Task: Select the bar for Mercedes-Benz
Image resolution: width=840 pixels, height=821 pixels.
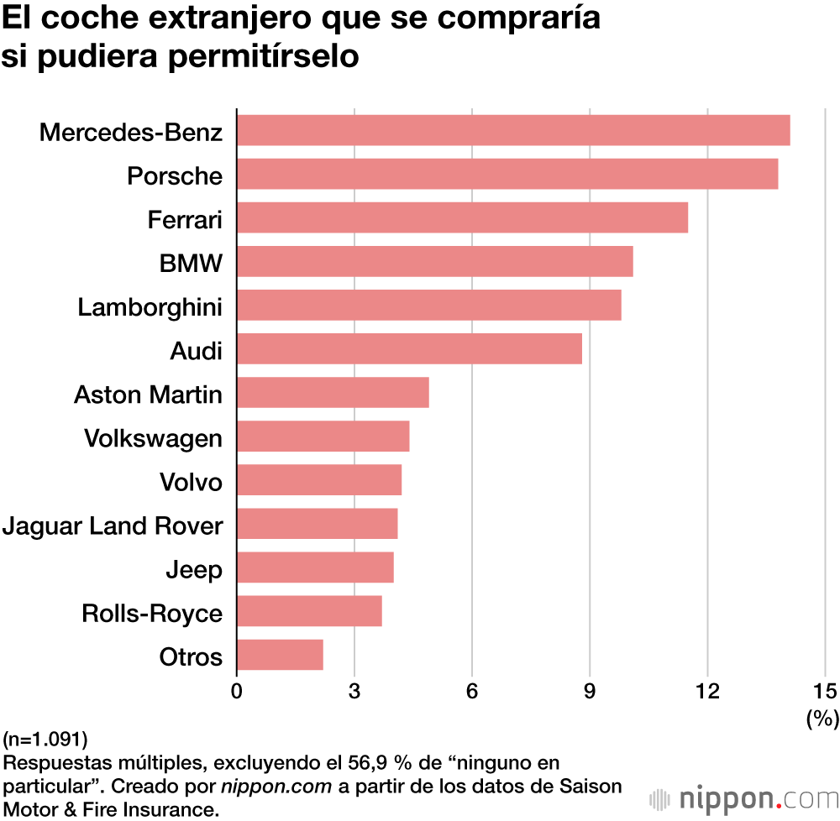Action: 513,131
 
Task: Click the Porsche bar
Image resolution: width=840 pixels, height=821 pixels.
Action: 507,175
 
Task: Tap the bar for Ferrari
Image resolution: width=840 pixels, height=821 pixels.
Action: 462,218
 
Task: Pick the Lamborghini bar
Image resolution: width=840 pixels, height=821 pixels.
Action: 428,306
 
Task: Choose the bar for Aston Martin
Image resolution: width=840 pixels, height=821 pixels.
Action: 333,393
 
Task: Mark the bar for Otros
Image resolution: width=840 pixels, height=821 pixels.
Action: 280,655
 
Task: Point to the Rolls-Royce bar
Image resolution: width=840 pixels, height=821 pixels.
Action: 309,611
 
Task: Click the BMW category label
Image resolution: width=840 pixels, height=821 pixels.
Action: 191,264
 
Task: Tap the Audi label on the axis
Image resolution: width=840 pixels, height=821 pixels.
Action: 196,351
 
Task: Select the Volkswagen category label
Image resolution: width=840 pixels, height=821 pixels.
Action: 153,438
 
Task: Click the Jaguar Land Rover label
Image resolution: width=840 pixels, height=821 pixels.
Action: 113,526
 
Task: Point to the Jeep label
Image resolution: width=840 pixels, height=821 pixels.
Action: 194,570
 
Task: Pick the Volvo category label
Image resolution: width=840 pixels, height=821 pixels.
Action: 191,482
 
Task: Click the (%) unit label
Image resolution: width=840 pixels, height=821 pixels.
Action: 822,718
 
